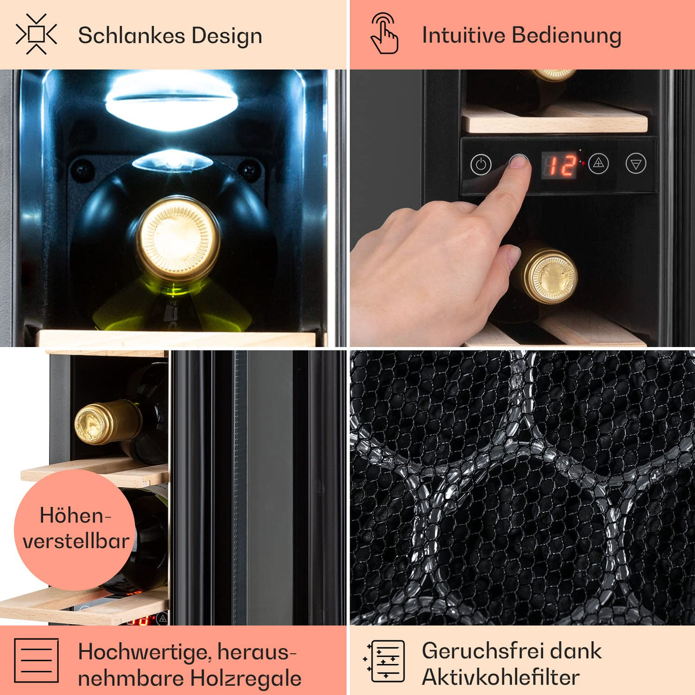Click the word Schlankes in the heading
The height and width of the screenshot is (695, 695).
pyautogui.click(x=131, y=36)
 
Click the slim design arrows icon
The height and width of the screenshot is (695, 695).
pyautogui.click(x=36, y=34)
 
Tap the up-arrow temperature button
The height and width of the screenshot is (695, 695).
pyautogui.click(x=599, y=163)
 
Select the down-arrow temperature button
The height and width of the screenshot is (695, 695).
pyautogui.click(x=636, y=163)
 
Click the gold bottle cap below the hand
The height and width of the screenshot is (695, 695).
pyautogui.click(x=550, y=276)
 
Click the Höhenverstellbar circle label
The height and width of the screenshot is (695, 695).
pyautogui.click(x=75, y=529)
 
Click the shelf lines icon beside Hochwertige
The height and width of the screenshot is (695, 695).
pyautogui.click(x=36, y=660)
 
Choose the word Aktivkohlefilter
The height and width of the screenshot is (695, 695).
pyautogui.click(x=500, y=677)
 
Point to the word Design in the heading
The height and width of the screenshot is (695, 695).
pyautogui.click(x=226, y=36)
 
